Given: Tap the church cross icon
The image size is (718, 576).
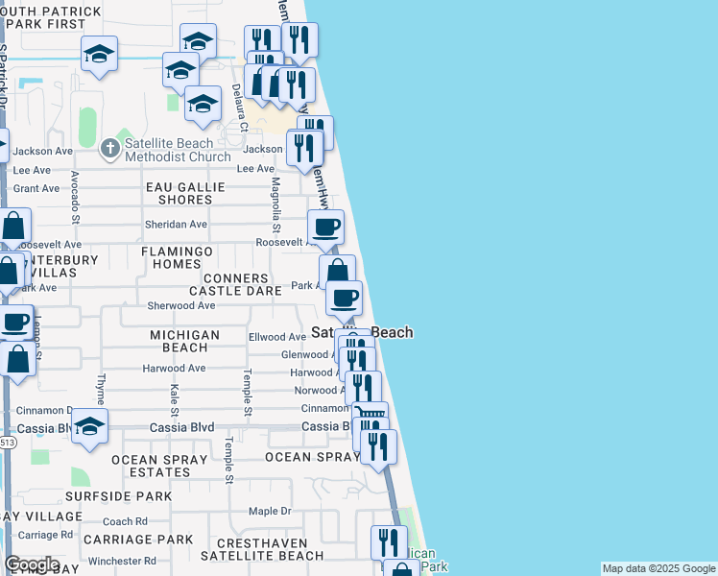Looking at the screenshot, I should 110,147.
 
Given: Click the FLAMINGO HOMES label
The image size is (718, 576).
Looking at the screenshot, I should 178,257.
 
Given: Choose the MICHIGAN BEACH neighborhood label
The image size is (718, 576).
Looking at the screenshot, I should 185,341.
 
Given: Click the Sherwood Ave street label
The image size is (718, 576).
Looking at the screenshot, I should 180,305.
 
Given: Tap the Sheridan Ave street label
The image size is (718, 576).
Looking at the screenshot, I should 176,225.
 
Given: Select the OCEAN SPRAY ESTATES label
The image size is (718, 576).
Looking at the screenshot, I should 159,466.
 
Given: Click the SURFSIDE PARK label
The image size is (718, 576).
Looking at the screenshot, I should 119,496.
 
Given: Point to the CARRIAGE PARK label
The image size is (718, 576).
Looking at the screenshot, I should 138,540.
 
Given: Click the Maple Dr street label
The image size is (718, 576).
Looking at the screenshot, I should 270,512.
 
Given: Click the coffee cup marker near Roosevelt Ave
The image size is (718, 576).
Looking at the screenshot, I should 325,227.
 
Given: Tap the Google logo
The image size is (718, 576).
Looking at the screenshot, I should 32,564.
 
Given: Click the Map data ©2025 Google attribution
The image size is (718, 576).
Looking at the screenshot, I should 658,568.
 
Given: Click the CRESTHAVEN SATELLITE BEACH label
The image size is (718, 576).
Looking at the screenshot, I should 261,548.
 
